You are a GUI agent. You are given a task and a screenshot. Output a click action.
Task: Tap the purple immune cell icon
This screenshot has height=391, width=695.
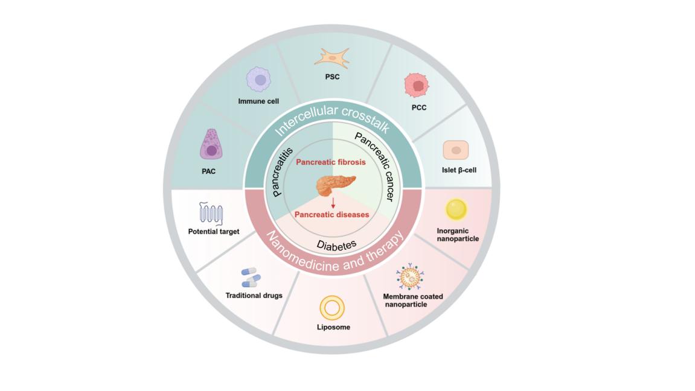click(259, 80)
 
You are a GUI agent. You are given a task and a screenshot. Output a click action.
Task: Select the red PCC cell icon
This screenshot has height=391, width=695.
click(415, 85)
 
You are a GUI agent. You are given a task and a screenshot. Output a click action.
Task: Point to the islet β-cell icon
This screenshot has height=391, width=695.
click(456, 150)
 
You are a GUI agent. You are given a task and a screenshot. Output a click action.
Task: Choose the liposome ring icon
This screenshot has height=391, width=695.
click(331, 308)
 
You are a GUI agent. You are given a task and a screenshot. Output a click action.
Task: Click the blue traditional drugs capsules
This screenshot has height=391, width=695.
click(251, 278)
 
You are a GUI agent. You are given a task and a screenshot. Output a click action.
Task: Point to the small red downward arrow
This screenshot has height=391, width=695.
click(333, 204)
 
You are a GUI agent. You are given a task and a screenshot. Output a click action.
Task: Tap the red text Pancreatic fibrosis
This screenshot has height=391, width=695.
click(331, 162)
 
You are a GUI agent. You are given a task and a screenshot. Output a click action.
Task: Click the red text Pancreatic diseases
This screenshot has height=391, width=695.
click(331, 214)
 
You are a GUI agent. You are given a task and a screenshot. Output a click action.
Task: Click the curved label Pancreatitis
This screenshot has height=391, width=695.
click(283, 172)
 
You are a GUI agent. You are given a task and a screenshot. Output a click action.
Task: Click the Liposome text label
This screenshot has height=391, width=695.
click(333, 328)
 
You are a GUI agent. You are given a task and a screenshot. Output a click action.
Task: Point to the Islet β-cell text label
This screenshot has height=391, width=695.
click(459, 170)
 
